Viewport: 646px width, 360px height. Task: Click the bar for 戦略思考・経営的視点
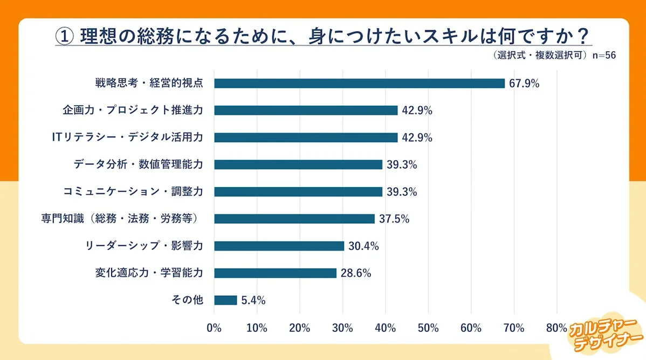pos(359,84)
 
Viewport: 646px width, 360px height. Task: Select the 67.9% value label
pos(524,84)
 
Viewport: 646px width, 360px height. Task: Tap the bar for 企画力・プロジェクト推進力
pos(306,110)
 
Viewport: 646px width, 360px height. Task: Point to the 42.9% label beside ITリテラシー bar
pos(417,137)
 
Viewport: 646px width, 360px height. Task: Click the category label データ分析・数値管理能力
pos(138,164)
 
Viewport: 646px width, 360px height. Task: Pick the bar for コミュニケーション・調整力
pos(298,192)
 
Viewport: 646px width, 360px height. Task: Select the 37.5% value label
pos(394,219)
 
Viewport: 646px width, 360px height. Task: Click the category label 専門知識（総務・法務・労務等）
pos(122,219)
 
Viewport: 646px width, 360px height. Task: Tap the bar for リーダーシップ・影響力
pos(279,246)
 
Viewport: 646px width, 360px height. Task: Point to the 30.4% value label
pos(363,246)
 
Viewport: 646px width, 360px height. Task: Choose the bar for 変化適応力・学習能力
pos(275,273)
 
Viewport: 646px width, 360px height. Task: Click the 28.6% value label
pos(355,273)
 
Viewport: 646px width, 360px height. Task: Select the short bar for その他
pos(225,300)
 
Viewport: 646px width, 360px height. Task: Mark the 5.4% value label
pos(253,300)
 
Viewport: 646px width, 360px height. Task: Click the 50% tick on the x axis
pos(428,328)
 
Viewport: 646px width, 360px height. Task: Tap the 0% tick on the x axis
pos(214,328)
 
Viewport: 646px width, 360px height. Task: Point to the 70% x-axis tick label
pos(513,328)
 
